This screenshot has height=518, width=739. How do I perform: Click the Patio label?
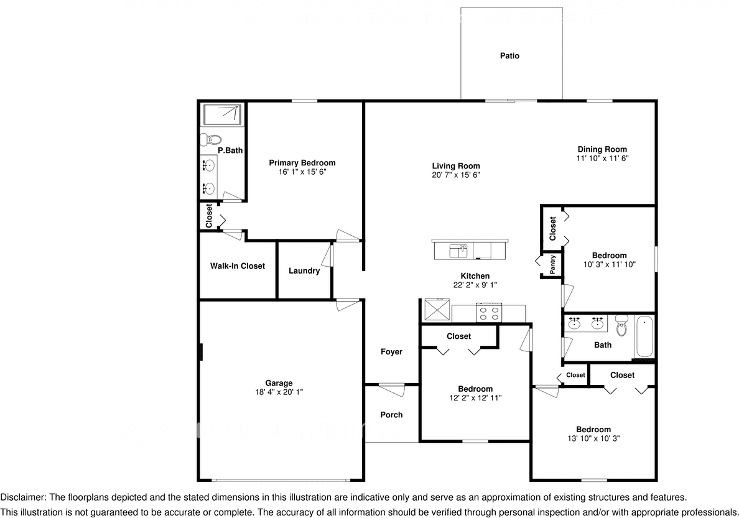click(x=509, y=56)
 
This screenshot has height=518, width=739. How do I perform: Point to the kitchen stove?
click(x=488, y=312)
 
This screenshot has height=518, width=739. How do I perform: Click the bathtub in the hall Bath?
click(x=645, y=337)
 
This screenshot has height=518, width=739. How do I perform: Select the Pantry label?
click(x=552, y=265)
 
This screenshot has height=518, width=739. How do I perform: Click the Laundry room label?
click(x=304, y=271)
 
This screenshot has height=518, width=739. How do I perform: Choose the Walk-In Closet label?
click(x=237, y=266)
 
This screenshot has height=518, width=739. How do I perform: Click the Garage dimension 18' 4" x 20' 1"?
click(x=279, y=392)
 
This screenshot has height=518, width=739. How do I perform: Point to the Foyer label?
click(x=391, y=352)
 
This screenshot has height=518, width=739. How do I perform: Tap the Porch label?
click(x=391, y=415)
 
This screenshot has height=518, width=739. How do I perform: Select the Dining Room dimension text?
click(x=602, y=159)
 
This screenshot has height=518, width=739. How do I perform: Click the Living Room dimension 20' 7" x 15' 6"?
click(x=456, y=175)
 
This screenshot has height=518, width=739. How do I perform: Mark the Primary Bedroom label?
click(x=302, y=163)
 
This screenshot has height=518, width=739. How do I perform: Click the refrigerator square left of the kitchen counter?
click(x=436, y=309)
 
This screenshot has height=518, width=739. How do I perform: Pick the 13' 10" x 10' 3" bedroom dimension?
click(x=593, y=438)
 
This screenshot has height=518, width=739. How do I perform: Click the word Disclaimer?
click(x=22, y=497)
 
